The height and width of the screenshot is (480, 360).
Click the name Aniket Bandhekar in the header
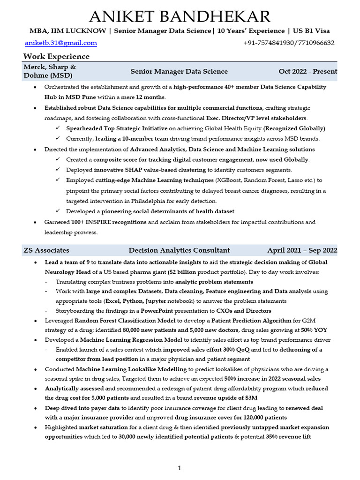click(180, 16)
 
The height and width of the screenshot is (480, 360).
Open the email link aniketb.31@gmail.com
click(61, 43)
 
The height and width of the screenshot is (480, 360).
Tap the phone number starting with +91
click(289, 43)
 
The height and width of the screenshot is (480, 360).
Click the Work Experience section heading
click(56, 57)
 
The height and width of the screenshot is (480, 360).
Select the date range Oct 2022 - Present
click(307, 72)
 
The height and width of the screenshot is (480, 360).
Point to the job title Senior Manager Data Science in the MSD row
click(179, 72)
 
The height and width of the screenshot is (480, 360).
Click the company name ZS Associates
click(46, 250)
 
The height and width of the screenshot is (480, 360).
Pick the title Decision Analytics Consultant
click(179, 250)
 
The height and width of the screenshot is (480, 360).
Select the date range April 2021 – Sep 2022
click(302, 250)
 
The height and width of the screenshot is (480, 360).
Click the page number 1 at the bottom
click(179, 468)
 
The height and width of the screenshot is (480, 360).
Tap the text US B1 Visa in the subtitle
click(311, 31)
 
